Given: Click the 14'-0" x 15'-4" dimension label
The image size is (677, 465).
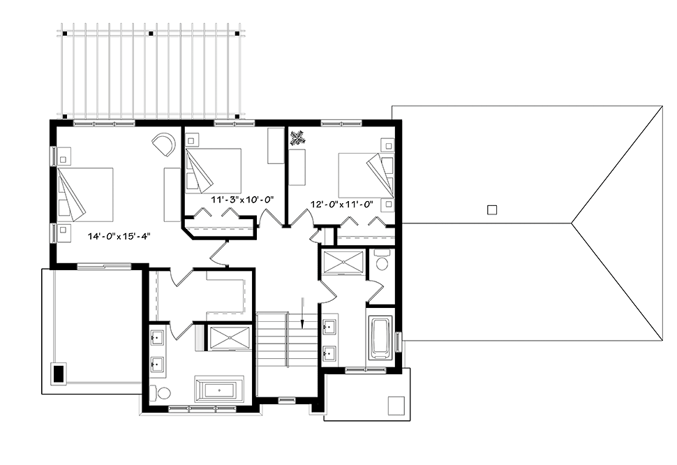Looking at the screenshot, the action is click(x=119, y=236).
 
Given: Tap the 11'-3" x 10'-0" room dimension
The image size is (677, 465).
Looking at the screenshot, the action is click(x=243, y=200).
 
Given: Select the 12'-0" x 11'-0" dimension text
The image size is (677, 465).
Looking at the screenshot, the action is click(x=341, y=204).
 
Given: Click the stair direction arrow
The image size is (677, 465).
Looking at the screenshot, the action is click(x=302, y=313).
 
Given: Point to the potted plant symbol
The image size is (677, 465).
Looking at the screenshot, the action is click(x=297, y=138).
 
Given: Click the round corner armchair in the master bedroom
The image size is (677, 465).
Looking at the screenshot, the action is click(x=164, y=144).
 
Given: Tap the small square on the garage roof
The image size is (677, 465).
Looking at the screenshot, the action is click(x=492, y=210).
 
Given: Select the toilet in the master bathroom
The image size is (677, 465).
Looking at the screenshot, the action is click(x=161, y=393).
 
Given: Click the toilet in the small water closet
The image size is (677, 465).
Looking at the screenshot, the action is click(x=382, y=260).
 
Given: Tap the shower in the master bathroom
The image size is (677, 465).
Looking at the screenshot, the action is click(x=229, y=338).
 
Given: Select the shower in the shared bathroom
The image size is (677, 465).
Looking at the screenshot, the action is click(x=343, y=262).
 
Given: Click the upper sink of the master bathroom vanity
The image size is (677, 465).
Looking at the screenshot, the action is click(x=157, y=337).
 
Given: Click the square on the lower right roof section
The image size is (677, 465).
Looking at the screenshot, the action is click(x=396, y=406).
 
